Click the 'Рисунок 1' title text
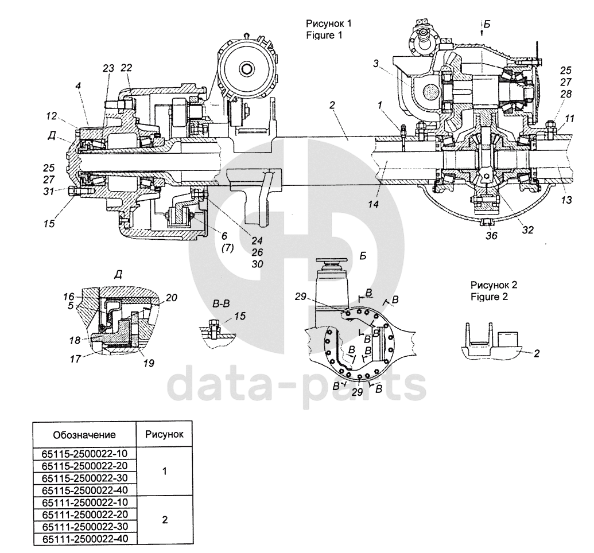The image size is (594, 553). coord(329,24)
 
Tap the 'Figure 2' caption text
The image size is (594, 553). coord(489,297)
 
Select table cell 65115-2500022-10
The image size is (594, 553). coord(85,453)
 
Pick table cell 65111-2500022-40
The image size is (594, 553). coord(85,538)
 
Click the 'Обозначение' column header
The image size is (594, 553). coord(84,435)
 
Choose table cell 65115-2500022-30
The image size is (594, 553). coord(85,478)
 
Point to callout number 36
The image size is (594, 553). coord(491,236)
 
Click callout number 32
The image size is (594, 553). coord(527,229)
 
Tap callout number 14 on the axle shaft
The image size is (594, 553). coord(373,205)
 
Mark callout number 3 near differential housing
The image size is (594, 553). coord(375,64)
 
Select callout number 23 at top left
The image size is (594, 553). coord(108,68)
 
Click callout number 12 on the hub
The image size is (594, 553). coord(52,116)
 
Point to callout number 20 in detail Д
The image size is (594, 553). coord(171,298)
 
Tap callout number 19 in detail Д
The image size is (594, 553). coord(149,363)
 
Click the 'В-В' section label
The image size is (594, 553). coord(222,304)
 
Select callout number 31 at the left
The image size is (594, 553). coord(48,192)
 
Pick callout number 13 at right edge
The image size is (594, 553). coord(566,200)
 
